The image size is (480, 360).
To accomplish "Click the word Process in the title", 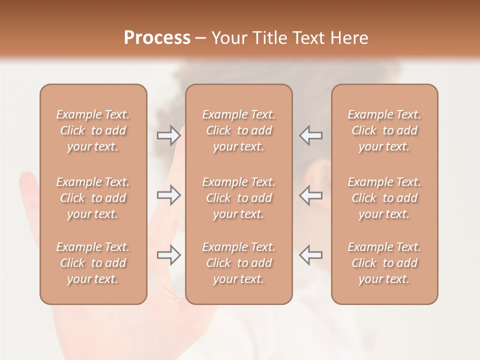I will coord(157,38).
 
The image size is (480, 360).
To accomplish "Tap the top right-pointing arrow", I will coord(169,135).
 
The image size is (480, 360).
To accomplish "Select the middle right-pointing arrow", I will coord(169,195).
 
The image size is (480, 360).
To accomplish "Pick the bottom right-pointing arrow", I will coord(169,255).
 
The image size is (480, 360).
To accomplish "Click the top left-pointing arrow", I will coord(310,135).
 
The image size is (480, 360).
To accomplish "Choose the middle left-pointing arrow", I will coord(310,195).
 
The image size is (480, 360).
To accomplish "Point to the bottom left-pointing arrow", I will coord(310,255).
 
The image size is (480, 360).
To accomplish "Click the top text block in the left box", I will coord(93,130).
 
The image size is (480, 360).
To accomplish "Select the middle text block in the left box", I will coord(93,198).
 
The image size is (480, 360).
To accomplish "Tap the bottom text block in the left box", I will coord(93,263).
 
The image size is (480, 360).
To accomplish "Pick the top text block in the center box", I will coord(238,130).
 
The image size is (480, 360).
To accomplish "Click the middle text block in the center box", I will coord(238,198).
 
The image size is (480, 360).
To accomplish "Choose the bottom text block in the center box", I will coord(238,263).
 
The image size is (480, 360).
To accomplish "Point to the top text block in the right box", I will coord(384,130).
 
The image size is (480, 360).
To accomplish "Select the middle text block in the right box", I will coord(384,198).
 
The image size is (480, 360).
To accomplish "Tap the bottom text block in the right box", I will coord(384,263).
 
